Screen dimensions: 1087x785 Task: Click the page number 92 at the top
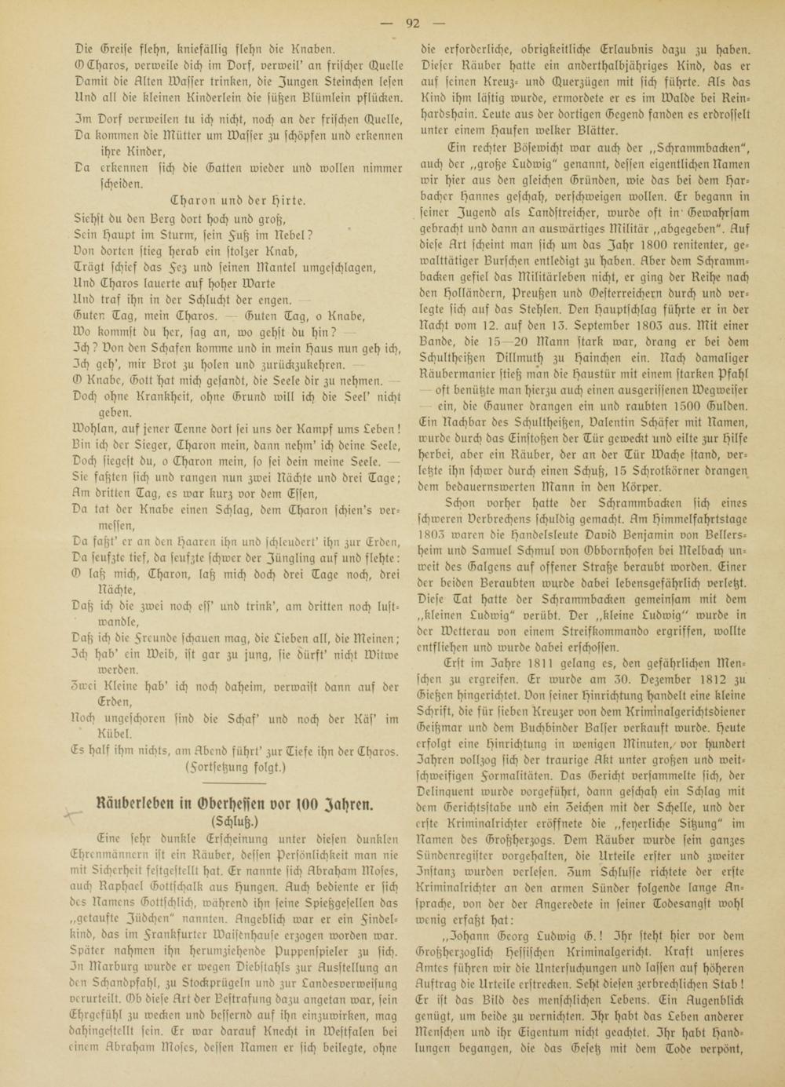[x=411, y=22]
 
